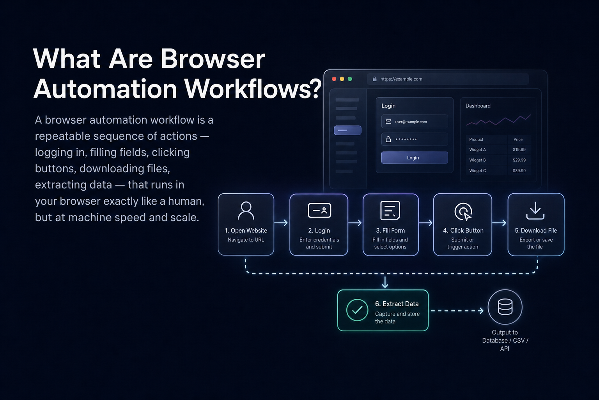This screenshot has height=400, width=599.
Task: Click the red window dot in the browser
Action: click(x=334, y=79)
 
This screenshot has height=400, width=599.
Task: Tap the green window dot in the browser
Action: click(x=350, y=79)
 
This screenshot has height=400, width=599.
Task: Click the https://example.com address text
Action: click(x=401, y=79)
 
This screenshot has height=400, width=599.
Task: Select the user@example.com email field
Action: click(x=415, y=121)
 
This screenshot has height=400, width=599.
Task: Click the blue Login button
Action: click(x=415, y=157)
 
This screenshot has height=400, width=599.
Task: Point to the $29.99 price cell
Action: click(x=519, y=160)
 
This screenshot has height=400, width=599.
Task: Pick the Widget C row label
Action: click(x=477, y=171)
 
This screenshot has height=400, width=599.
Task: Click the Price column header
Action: click(x=518, y=139)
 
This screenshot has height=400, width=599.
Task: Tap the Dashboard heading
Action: click(x=478, y=106)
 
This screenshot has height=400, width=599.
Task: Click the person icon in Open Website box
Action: click(x=246, y=211)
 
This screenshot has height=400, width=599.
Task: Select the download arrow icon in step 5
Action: click(x=535, y=211)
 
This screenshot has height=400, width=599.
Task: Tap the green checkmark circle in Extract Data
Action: click(x=357, y=310)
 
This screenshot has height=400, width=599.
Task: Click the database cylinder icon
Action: click(x=505, y=307)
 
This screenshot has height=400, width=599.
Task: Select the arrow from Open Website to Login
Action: click(x=281, y=223)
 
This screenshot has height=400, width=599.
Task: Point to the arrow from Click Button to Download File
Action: click(x=499, y=223)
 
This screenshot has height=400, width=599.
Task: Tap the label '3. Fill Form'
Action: click(x=390, y=230)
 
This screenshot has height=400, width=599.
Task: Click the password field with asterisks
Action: click(x=415, y=139)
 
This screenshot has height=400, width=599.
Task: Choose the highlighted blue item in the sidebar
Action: click(x=347, y=130)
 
